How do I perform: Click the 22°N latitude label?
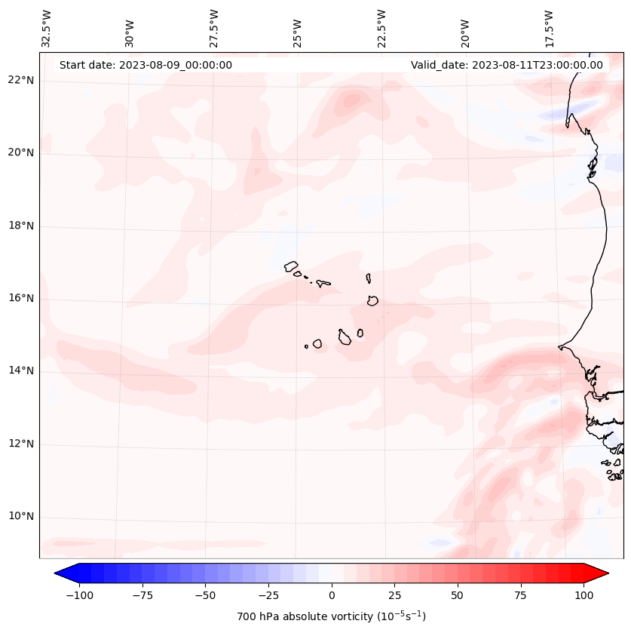pyautogui.click(x=21, y=80)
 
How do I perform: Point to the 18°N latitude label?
pyautogui.click(x=21, y=226)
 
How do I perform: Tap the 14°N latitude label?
pyautogui.click(x=21, y=370)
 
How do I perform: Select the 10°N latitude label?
pyautogui.click(x=21, y=516)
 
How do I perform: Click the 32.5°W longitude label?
pyautogui.click(x=47, y=28)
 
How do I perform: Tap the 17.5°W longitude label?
pyautogui.click(x=549, y=28)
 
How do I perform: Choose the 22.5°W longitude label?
pyautogui.click(x=381, y=28)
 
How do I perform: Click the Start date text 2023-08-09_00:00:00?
pyautogui.click(x=145, y=65)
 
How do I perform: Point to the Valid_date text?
pyautogui.click(x=507, y=65)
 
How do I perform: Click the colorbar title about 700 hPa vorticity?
pyautogui.click(x=331, y=616)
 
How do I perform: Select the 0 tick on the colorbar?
pyautogui.click(x=331, y=595)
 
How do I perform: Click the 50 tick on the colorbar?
pyautogui.click(x=457, y=595)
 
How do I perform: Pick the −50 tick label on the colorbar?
pyautogui.click(x=205, y=595)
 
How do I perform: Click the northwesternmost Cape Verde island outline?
pyautogui.click(x=291, y=266)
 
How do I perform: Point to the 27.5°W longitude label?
pyautogui.click(x=214, y=28)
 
